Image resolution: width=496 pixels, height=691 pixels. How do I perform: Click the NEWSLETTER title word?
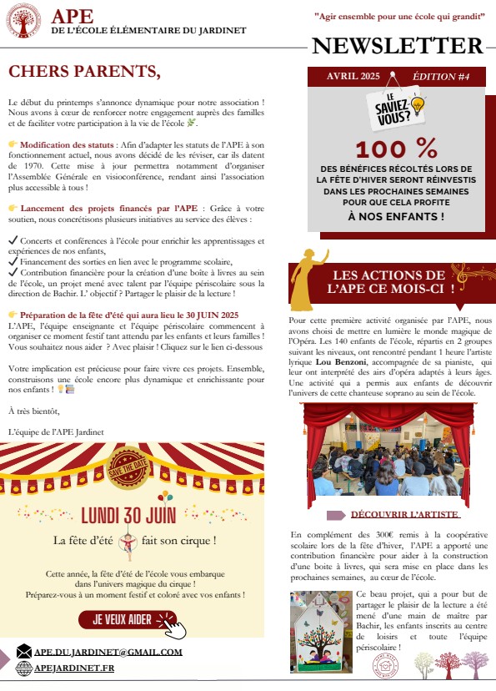pos(398,46)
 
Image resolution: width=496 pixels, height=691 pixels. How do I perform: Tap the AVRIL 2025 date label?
pos(353,77)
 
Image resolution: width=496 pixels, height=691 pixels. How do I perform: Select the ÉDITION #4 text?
pos(441,77)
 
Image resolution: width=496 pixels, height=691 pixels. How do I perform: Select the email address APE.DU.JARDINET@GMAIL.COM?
pos(108,652)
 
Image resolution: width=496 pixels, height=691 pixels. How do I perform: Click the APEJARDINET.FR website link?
pos(74,668)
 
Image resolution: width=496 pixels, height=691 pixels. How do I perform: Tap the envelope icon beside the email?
pos(23,652)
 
